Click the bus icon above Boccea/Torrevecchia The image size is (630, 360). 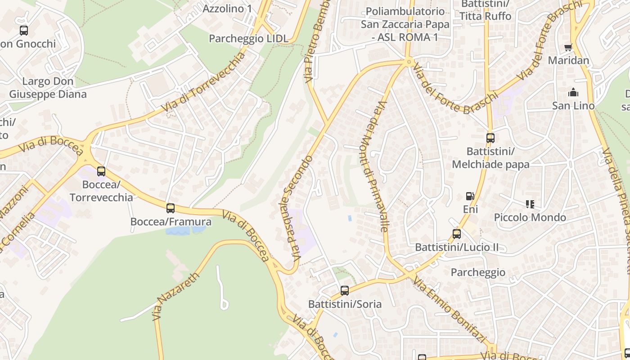point(101,171)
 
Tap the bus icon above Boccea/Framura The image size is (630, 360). point(170,208)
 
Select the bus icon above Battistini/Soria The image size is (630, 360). point(345,290)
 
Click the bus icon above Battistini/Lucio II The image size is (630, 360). point(456,234)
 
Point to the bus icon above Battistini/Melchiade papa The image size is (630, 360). point(490,138)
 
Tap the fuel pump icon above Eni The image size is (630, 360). point(470,196)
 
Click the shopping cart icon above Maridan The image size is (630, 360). point(568,47)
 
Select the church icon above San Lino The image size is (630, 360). point(573,93)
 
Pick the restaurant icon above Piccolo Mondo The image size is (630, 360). point(530,204)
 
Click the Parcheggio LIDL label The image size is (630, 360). point(248,39)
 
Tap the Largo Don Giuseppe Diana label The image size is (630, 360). point(48,88)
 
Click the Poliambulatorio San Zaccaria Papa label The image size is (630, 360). point(405,24)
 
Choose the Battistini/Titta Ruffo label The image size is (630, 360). point(485,11)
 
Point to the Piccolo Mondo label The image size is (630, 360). point(530,218)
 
